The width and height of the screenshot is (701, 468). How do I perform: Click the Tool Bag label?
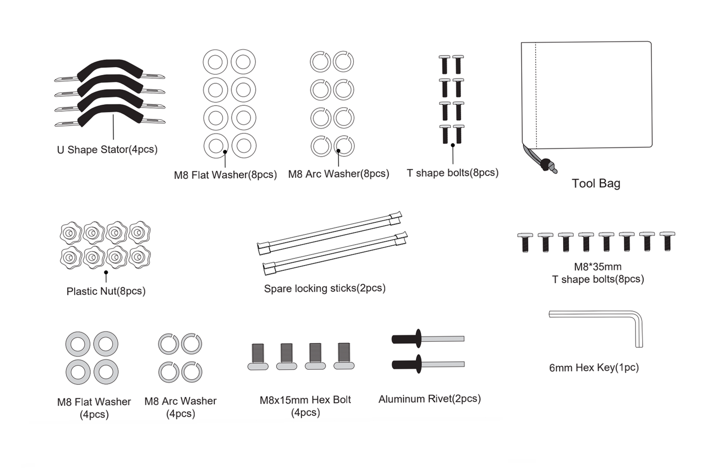tap(596, 183)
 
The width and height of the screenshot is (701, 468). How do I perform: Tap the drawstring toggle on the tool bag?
tap(545, 164)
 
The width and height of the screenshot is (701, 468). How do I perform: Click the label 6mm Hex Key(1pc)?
tap(594, 367)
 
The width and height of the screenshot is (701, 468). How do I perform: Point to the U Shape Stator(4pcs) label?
tap(107, 150)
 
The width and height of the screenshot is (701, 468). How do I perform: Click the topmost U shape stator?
tap(110, 68)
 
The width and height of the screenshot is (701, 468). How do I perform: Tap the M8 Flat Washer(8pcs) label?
tap(225, 175)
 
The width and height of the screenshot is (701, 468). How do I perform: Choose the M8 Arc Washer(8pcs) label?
tap(338, 174)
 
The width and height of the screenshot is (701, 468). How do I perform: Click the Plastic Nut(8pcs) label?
tap(106, 291)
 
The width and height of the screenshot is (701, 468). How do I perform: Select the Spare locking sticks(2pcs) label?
tap(325, 288)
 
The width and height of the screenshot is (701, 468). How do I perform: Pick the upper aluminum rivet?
tap(427, 339)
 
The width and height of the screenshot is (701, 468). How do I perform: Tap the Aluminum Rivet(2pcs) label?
tap(429, 399)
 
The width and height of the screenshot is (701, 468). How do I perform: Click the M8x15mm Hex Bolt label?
tap(305, 400)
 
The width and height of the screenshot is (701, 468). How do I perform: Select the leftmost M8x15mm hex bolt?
tap(258, 357)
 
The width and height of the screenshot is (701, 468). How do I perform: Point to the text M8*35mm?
tap(598, 267)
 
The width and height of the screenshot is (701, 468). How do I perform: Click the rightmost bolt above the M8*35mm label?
tap(667, 241)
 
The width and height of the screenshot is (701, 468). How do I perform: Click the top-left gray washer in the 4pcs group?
tap(78, 344)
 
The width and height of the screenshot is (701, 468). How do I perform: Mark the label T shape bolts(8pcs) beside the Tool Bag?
tap(452, 173)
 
